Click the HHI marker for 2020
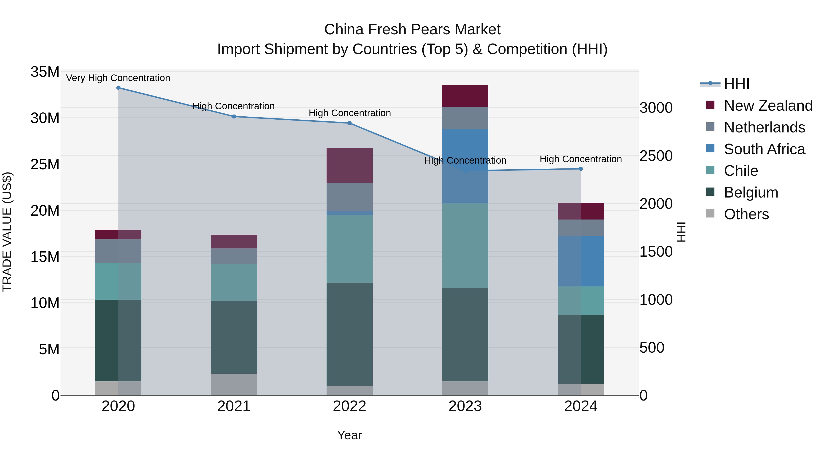click(x=118, y=88)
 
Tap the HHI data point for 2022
click(x=349, y=123)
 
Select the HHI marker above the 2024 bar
click(x=581, y=169)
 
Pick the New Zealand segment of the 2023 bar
click(x=465, y=96)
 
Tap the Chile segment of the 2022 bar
click(x=349, y=249)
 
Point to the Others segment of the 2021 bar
click(x=234, y=384)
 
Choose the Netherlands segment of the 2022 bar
click(x=349, y=197)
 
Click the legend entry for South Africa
click(x=764, y=149)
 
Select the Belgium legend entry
click(x=751, y=192)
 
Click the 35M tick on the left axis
click(x=45, y=72)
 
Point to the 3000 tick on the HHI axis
click(x=656, y=108)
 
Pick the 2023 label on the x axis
click(x=465, y=406)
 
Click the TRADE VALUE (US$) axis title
click(x=7, y=232)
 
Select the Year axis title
click(x=349, y=435)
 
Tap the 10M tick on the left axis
click(x=45, y=303)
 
